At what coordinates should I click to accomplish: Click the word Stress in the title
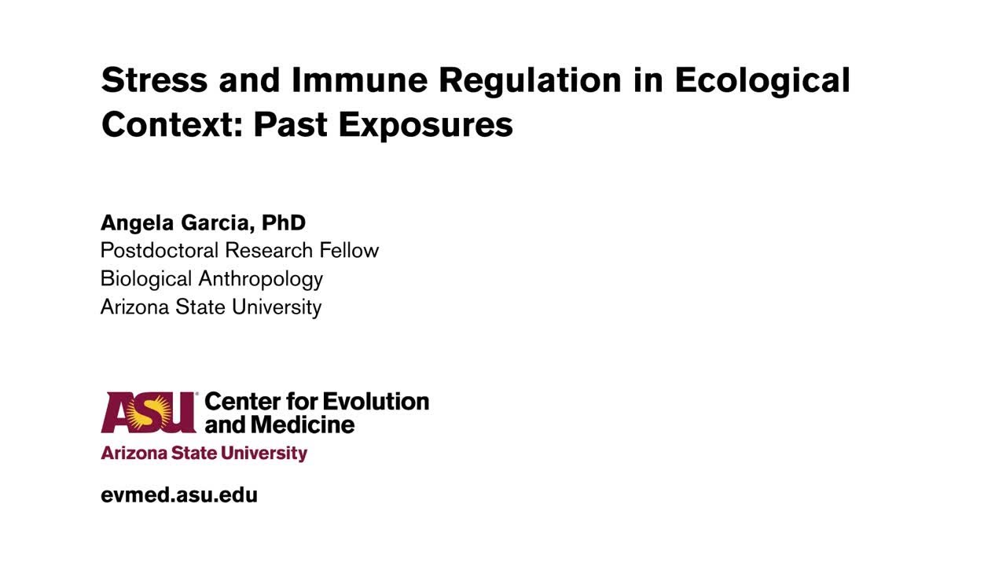coord(155,80)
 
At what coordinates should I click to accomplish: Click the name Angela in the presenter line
coord(138,223)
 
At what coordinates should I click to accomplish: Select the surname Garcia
coord(217,223)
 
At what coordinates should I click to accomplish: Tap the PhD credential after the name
coord(283,222)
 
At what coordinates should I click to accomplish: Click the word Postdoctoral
coord(160,251)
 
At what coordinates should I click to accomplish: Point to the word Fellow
coord(349,251)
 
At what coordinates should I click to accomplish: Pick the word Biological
coord(146,279)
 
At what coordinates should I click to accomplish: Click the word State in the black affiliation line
coord(199,307)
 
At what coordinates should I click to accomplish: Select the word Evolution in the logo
coord(376,402)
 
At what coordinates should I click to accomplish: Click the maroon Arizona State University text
coord(204,454)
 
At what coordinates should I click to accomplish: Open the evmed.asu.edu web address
coord(179,495)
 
